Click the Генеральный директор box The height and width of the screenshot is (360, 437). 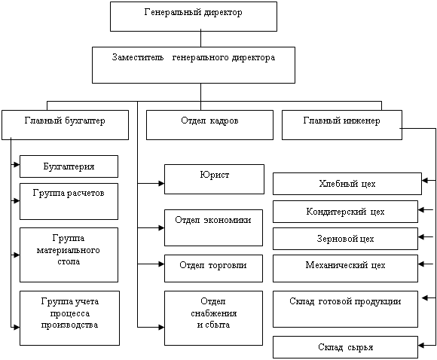pyautogui.click(x=194, y=17)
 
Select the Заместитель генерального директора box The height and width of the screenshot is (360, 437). pyautogui.click(x=194, y=65)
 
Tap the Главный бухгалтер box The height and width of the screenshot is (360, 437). pyautogui.click(x=65, y=125)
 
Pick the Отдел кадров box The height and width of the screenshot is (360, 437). pyautogui.click(x=209, y=125)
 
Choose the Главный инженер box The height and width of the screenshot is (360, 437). pyautogui.click(x=342, y=125)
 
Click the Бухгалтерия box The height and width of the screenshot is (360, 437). pyautogui.click(x=69, y=166)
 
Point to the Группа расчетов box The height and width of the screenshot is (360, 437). pyautogui.click(x=69, y=201)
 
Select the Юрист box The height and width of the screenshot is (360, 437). pyautogui.click(x=214, y=179)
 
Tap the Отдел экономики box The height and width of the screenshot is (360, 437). pyautogui.click(x=213, y=227)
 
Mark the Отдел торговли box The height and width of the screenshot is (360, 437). pyautogui.click(x=213, y=268)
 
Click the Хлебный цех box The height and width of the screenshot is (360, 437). pyautogui.click(x=347, y=184)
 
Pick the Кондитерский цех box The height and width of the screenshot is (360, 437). pyautogui.click(x=345, y=212)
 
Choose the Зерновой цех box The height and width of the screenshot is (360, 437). pyautogui.click(x=345, y=239)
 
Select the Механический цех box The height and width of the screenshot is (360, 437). pyautogui.click(x=345, y=268)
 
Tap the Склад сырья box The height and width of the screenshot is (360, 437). pyautogui.click(x=345, y=347)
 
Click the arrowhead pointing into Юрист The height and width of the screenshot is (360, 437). pyautogui.click(x=161, y=183)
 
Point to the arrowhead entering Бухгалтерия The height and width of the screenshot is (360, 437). pyautogui.click(x=17, y=165)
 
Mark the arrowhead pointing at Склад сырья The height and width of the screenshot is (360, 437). pyautogui.click(x=421, y=346)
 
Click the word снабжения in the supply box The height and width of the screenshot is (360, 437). pyautogui.click(x=214, y=313)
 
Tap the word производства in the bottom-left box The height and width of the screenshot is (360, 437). pyautogui.click(x=69, y=325)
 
